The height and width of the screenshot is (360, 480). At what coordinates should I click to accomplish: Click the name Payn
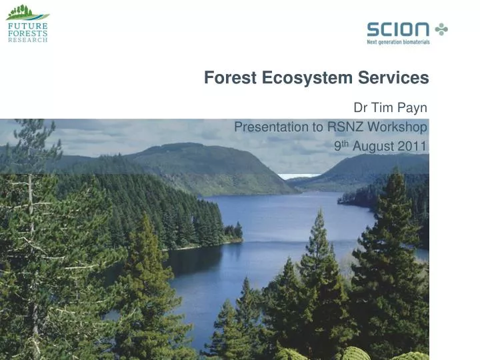(412, 109)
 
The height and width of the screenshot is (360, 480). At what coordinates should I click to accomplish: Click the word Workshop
(399, 127)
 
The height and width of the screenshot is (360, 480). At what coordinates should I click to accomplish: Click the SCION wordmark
(398, 29)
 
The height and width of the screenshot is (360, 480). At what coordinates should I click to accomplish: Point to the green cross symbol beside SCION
(441, 29)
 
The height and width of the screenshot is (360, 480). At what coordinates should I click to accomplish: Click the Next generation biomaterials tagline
(398, 42)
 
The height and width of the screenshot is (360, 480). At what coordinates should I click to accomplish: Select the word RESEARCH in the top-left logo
(27, 40)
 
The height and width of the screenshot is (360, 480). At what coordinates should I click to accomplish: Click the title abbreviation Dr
(361, 109)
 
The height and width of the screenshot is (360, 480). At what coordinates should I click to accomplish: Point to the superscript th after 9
(346, 141)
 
